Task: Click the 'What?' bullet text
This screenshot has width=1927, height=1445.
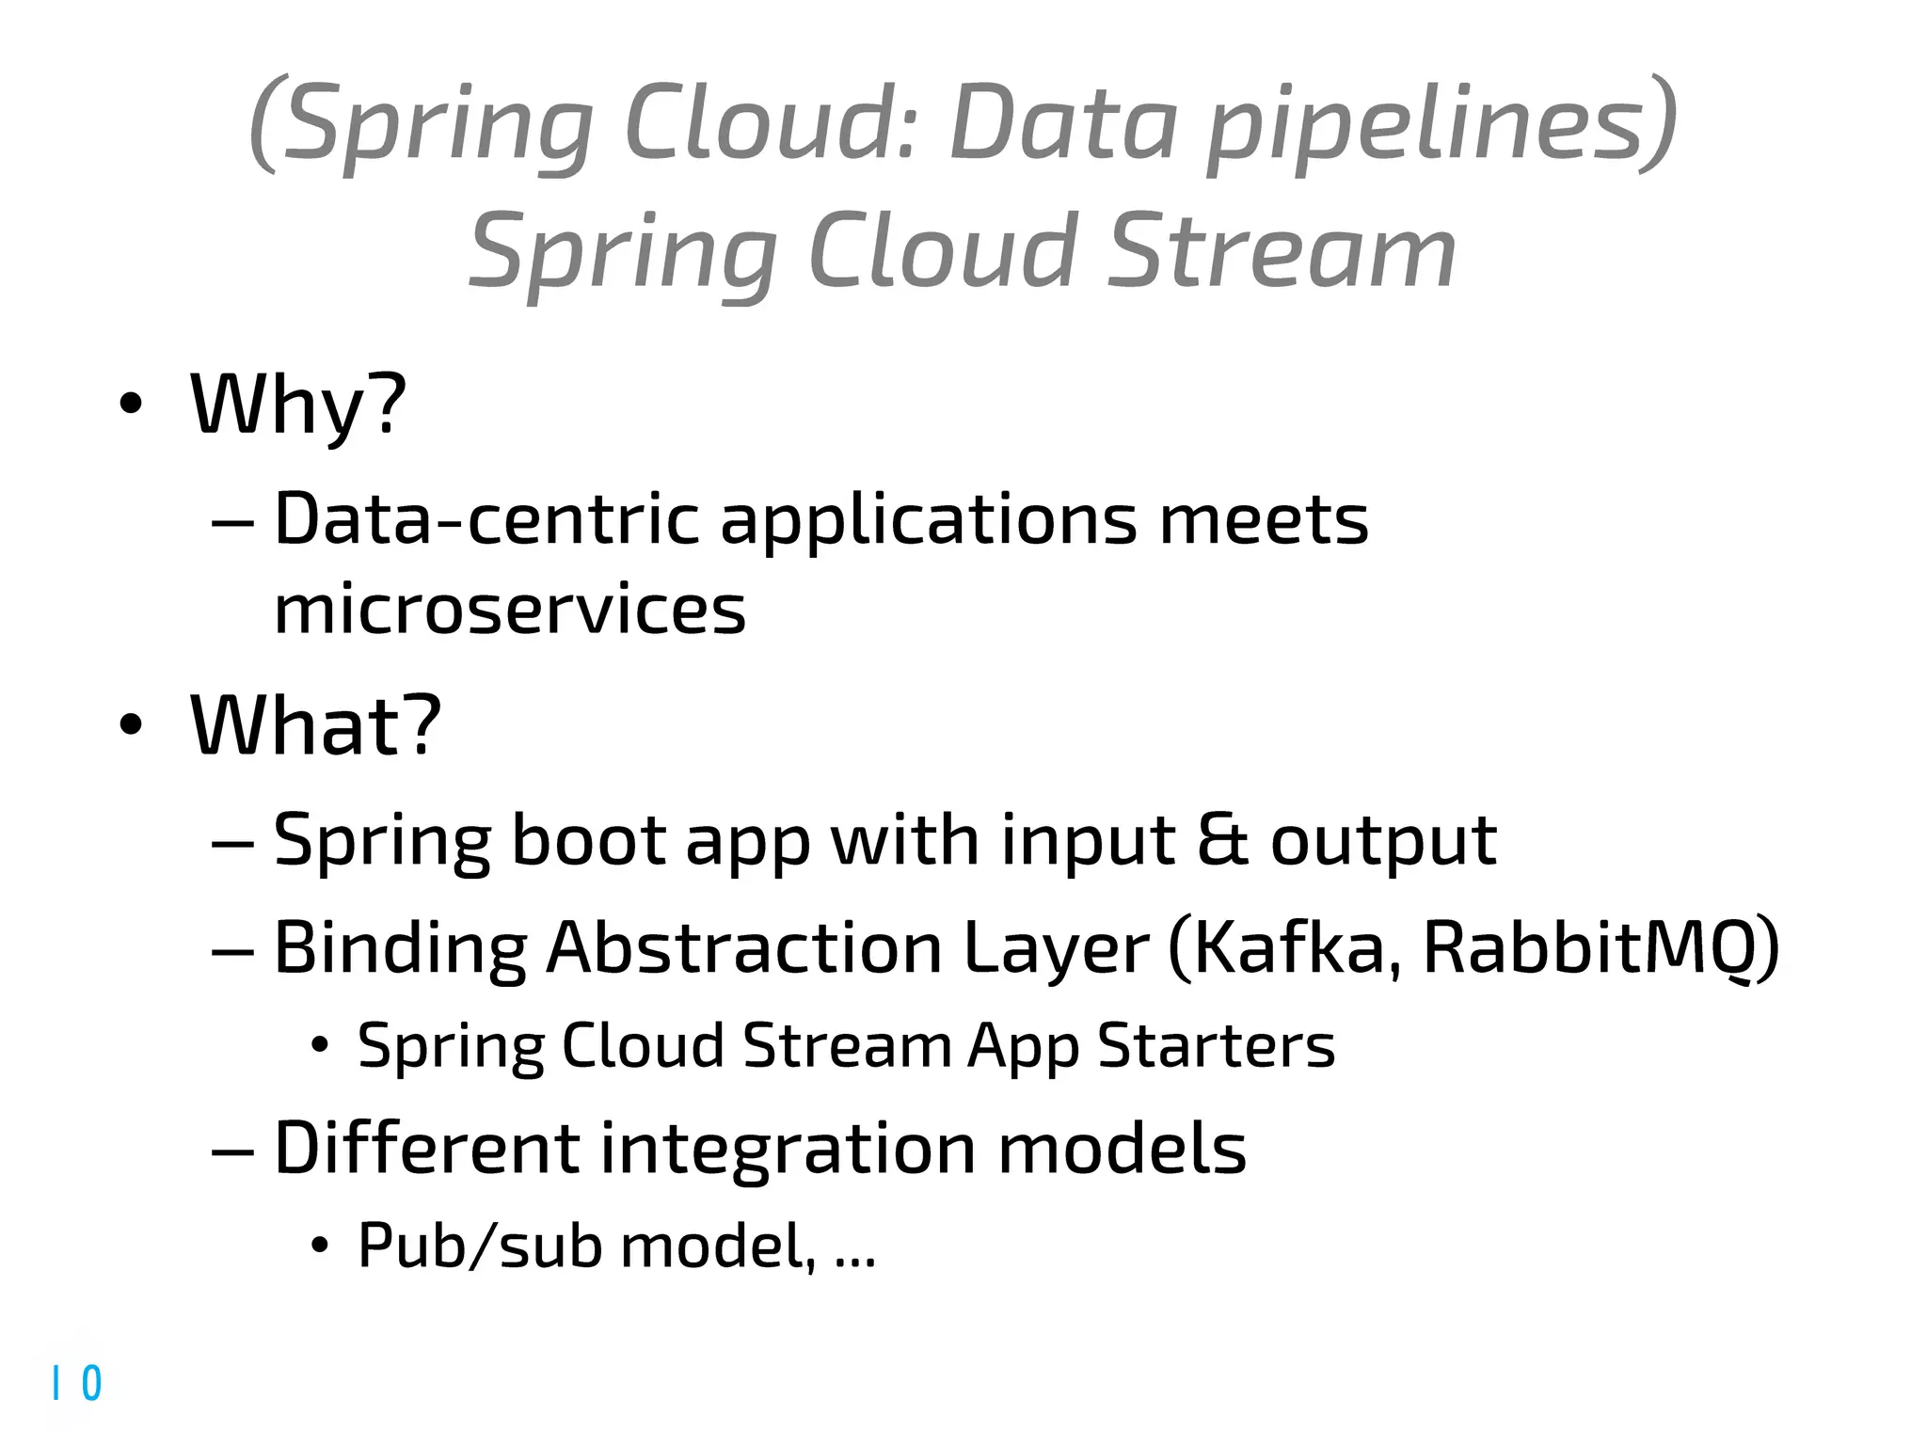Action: click(315, 725)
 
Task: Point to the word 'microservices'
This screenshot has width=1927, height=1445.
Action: click(509, 610)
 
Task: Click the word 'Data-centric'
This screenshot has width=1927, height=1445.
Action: click(486, 519)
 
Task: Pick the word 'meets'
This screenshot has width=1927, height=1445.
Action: click(1263, 519)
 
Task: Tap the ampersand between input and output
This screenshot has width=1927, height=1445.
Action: click(1222, 839)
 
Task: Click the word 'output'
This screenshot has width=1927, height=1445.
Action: click(1382, 841)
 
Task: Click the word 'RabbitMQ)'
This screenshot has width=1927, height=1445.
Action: click(1601, 947)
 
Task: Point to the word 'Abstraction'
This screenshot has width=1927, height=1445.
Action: click(743, 947)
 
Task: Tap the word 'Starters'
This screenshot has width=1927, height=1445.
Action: click(1216, 1046)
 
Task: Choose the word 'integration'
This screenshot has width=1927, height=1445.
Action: click(788, 1150)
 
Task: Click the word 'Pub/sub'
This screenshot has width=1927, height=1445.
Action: click(479, 1247)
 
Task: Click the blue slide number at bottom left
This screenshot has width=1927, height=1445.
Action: click(77, 1383)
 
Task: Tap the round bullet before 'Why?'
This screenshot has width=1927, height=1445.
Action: click(131, 405)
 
